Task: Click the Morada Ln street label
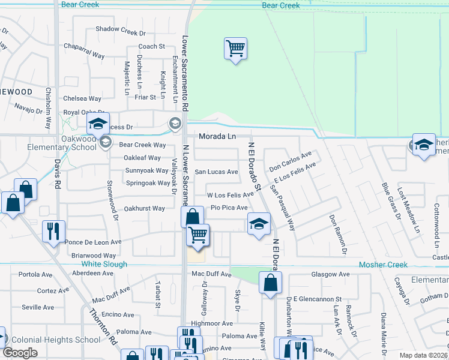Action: click(x=217, y=136)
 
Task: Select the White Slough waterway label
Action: click(x=104, y=264)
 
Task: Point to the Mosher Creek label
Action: click(x=383, y=265)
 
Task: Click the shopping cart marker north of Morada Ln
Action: click(x=236, y=49)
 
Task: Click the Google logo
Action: click(x=20, y=353)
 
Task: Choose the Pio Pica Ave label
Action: click(x=229, y=208)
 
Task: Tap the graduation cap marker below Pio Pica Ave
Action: click(x=259, y=224)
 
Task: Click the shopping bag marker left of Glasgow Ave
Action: click(x=271, y=282)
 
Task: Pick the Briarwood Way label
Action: click(x=93, y=256)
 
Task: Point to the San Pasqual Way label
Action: click(x=282, y=207)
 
